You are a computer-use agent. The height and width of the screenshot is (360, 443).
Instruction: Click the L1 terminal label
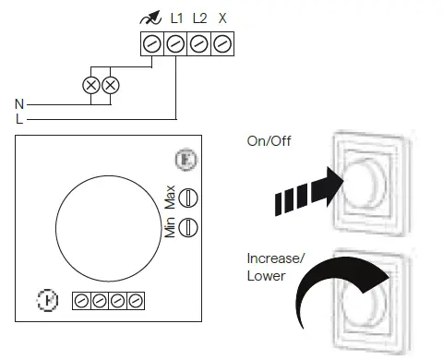[x=176, y=18]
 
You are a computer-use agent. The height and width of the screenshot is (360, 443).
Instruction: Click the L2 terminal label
[x=198, y=18]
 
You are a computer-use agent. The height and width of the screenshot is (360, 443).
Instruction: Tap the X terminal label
[x=221, y=18]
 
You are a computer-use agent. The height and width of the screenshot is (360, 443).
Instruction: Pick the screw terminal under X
[x=221, y=42]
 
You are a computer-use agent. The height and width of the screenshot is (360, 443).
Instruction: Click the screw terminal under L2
[x=198, y=42]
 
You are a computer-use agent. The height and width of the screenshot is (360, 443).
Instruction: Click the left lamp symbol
[x=91, y=85]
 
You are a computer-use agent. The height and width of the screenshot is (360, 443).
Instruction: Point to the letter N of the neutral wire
[x=19, y=104]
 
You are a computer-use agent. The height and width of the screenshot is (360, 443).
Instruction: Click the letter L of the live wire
[x=19, y=119]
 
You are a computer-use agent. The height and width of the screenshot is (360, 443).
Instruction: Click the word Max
[x=170, y=197]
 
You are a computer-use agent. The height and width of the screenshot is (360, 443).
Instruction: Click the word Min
[x=170, y=227]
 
